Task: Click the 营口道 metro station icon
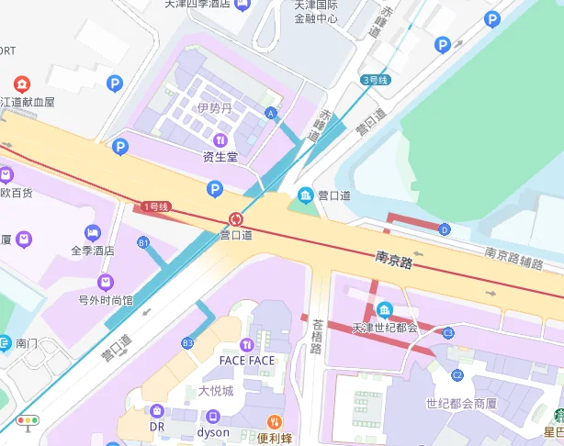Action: pos(236,218)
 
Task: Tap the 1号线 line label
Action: pos(156,207)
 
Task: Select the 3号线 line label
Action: pos(375,81)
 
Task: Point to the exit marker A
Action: pos(270,113)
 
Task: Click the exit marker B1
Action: pos(142,242)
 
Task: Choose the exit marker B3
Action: pos(187,342)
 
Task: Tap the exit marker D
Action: pos(445,229)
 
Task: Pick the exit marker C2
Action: pos(457,375)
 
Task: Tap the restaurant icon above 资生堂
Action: pos(220,139)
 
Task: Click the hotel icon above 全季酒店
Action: pos(92,232)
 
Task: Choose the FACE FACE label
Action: pos(247,360)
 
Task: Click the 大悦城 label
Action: pos(216,391)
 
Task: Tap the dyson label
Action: pos(213,431)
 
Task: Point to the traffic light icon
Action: pos(28,422)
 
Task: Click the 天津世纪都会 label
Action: pos(384,328)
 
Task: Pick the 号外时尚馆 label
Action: pos(105,299)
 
